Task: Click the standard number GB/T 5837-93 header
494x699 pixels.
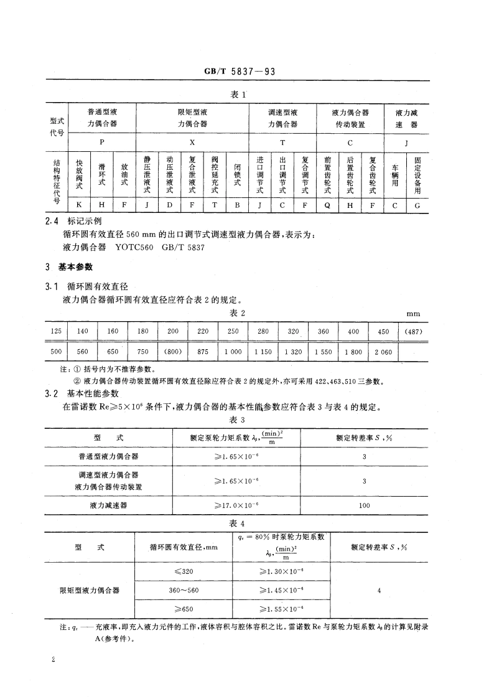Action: tap(240, 72)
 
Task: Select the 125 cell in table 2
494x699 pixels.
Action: tap(55, 332)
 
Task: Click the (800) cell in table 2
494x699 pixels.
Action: tap(172, 352)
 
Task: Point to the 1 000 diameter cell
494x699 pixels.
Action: tap(233, 352)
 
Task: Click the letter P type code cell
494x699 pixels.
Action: tap(101, 143)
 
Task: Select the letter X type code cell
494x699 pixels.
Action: tap(192, 143)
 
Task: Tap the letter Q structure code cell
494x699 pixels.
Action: tap(327, 205)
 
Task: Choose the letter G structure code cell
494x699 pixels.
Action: tap(417, 205)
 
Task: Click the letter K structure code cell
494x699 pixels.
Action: tap(78, 205)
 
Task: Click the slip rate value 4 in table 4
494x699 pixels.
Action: tap(379, 589)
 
